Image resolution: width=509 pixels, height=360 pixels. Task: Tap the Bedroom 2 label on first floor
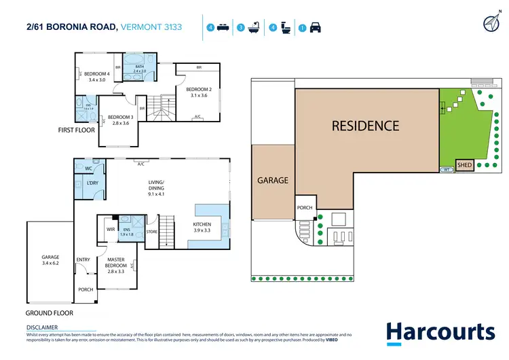[199, 90]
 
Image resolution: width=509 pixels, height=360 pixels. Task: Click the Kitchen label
[202, 224]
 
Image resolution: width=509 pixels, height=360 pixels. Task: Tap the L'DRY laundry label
[93, 184]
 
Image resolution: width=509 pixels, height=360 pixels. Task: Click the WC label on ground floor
[88, 168]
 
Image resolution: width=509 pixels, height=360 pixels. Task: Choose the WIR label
[110, 230]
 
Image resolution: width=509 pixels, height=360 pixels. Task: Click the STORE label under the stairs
[151, 232]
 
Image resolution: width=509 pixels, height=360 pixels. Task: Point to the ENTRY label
[83, 259]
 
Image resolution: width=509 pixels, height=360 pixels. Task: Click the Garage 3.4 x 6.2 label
[51, 259]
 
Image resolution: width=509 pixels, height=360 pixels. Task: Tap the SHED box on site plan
[465, 165]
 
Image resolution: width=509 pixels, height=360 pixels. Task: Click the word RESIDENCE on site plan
[365, 126]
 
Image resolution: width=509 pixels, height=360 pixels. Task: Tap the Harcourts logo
[440, 332]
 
